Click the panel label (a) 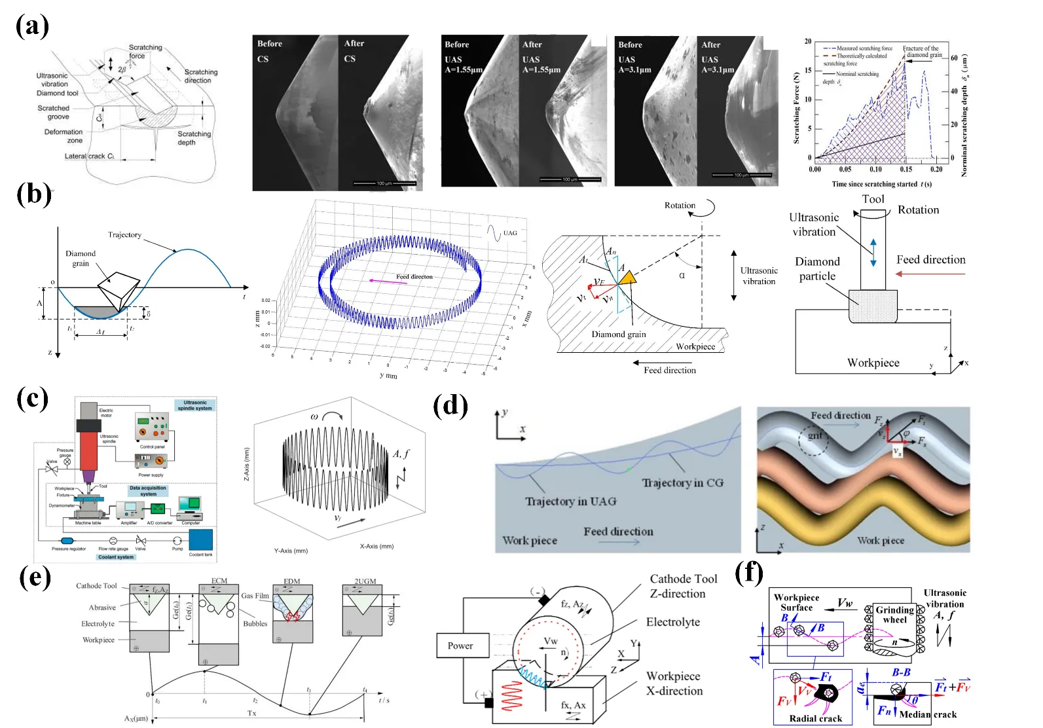point(32,27)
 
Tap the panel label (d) point(450,407)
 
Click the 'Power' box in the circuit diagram point(460,646)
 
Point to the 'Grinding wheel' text point(894,615)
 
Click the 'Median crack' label point(927,714)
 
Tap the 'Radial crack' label point(815,718)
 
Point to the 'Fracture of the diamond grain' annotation point(921,52)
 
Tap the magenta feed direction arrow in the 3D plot point(386,281)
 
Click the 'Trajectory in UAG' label point(570,501)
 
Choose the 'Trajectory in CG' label point(682,483)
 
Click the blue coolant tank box point(200,540)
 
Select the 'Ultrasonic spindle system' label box point(194,405)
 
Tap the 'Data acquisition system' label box point(148,491)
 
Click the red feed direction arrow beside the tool point(930,274)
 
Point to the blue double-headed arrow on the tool point(873,253)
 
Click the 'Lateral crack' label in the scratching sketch point(89,156)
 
